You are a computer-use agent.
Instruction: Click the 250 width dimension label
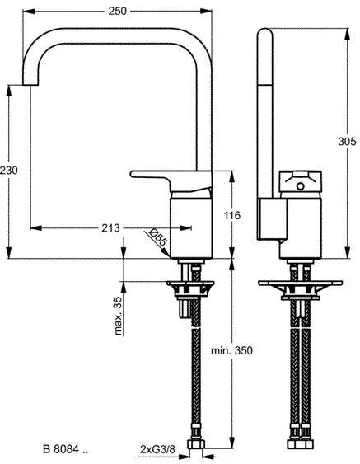(118, 12)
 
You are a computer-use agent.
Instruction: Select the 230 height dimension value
(9, 170)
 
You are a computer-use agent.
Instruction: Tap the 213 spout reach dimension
(110, 227)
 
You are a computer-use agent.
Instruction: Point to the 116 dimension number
(232, 215)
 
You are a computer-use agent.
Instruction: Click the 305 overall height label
(347, 142)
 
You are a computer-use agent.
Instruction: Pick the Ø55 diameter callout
(158, 237)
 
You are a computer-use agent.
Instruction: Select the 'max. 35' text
(118, 316)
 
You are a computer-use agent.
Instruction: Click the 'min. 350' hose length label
(232, 350)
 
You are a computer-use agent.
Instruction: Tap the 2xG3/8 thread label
(157, 449)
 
